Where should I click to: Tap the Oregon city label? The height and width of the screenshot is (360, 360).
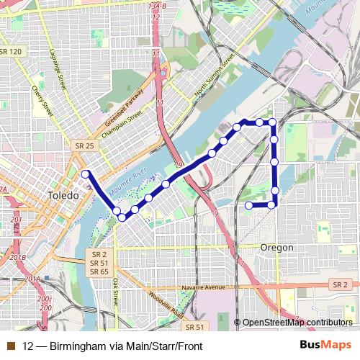tap(276, 247)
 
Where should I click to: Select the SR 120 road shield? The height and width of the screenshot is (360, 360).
tap(12, 52)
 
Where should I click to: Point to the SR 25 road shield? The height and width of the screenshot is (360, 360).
tap(84, 145)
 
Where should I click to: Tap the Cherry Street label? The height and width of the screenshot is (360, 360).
tap(42, 101)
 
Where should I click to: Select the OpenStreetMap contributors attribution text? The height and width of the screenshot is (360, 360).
tap(297, 323)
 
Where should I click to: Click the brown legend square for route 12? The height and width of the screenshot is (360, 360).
tap(9, 345)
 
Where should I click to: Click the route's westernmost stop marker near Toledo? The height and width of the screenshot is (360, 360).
tap(86, 174)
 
